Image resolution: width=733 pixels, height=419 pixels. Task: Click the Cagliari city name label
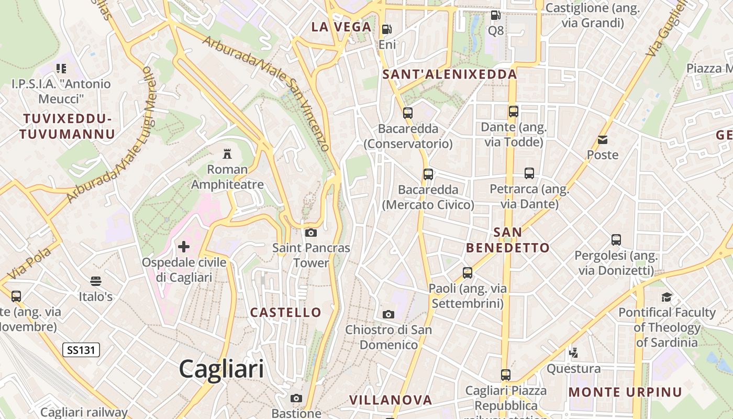pos(221,369)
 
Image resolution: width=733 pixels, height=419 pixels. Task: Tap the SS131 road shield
pos(81,350)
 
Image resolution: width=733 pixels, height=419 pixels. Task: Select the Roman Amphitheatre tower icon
pos(227,154)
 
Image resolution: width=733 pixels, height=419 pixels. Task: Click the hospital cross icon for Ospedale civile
pos(184,246)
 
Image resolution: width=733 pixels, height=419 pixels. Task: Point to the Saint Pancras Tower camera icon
pos(311,233)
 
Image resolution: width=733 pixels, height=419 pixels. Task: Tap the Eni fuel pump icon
pos(387,29)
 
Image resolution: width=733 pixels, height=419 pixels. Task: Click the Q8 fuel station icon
pos(495,15)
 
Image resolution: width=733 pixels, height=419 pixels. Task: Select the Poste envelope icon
pos(603,140)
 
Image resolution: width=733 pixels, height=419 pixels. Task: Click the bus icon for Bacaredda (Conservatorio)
pos(408,113)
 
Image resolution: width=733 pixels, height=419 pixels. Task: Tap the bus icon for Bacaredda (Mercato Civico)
pos(428,174)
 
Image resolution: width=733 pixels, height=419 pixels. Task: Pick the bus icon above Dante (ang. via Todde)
pos(514,111)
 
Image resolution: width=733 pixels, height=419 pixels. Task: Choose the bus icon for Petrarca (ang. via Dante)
pos(529,173)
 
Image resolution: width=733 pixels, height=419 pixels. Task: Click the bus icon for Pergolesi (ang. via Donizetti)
pos(616,240)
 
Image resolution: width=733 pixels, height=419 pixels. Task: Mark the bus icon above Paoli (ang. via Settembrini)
pos(468,272)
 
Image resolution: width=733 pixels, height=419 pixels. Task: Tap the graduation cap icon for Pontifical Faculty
pos(667,297)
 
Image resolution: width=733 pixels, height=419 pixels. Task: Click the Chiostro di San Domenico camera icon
pos(388,314)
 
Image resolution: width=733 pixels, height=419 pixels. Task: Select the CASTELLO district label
pos(286,313)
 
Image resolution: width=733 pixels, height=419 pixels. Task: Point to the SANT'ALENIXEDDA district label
pos(450,74)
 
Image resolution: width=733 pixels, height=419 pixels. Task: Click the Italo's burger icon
pos(95,281)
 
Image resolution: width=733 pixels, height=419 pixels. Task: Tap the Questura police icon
pos(573,353)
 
